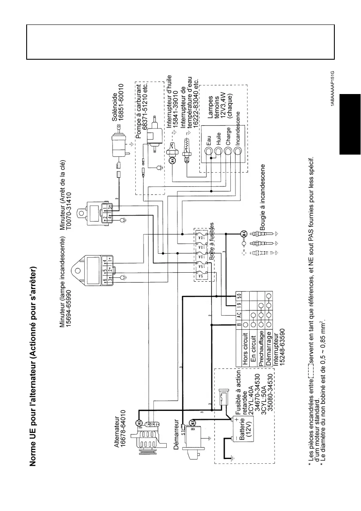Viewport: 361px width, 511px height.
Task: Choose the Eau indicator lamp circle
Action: [x=208, y=152]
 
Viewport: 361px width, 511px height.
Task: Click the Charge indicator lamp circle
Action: [x=229, y=152]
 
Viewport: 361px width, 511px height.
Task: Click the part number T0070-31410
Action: [x=68, y=201]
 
